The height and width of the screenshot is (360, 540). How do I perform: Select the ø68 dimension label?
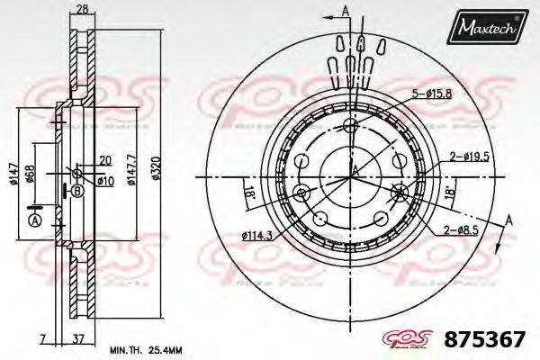point(31,176)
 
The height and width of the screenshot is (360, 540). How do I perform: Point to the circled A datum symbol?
point(35,221)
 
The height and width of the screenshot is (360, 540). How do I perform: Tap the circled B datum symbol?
point(77,191)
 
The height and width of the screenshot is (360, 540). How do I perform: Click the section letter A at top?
point(345,10)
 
